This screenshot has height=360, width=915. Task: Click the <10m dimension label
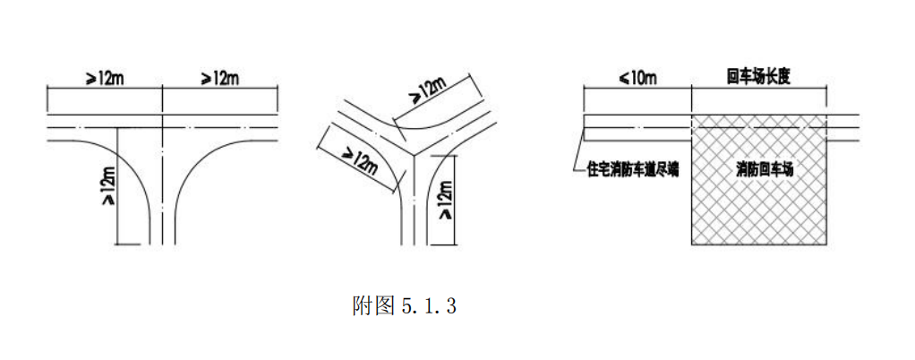[x=637, y=78]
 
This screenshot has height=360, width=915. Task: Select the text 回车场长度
[x=758, y=77]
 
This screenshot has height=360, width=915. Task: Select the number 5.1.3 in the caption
[x=429, y=305]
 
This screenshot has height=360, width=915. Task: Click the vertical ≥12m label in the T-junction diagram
[x=109, y=185]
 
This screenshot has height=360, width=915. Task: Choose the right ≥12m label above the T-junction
[x=219, y=78]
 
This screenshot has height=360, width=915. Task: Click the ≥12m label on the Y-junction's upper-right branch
[x=429, y=91]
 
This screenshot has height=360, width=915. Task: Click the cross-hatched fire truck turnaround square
[x=758, y=179]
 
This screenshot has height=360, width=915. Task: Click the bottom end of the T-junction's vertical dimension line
[x=118, y=244]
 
